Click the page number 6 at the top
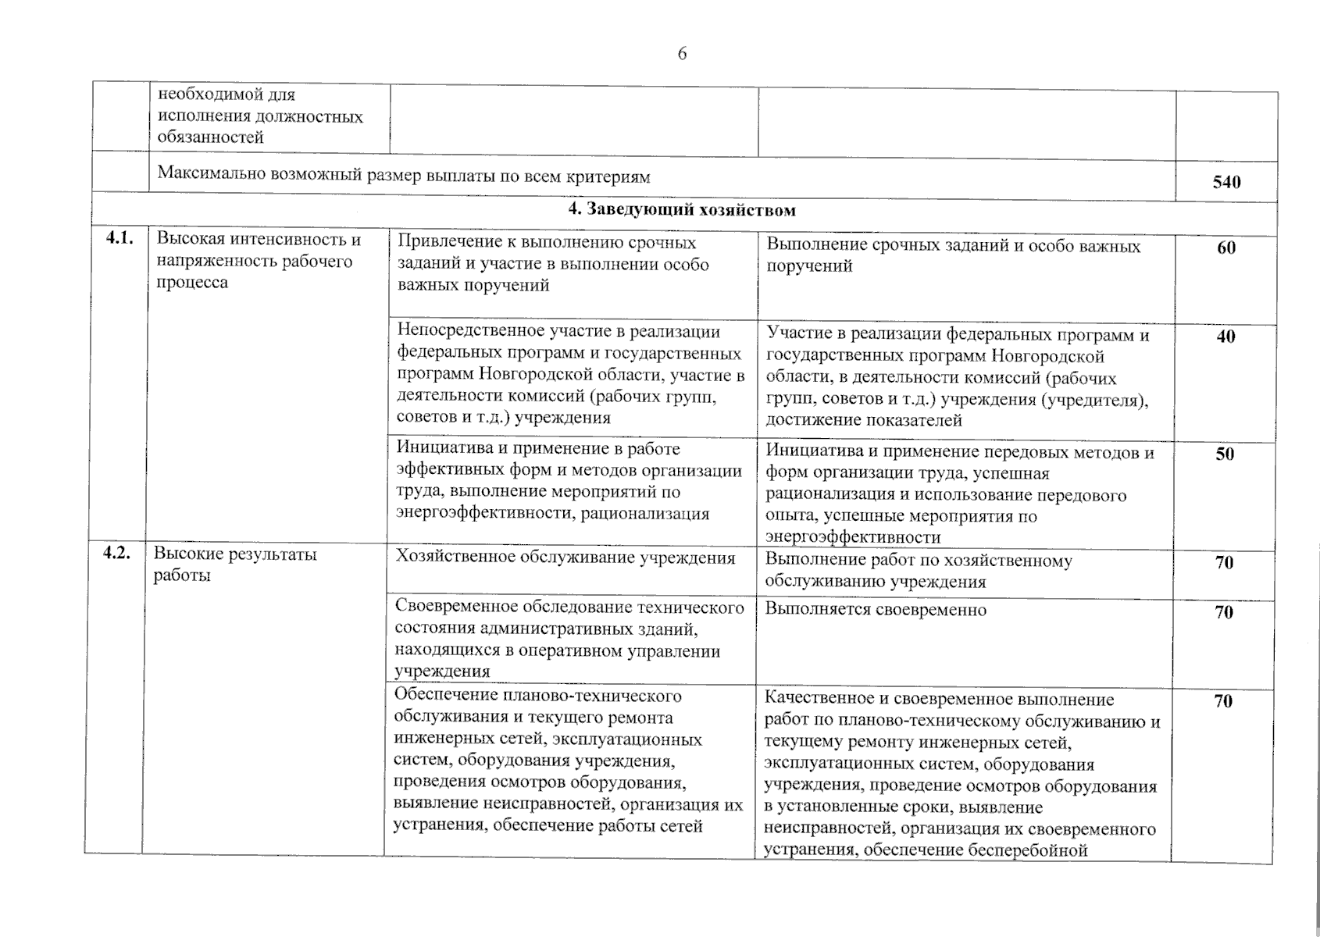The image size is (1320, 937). tap(682, 54)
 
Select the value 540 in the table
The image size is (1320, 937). tap(1226, 182)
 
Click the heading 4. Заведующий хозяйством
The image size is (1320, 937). tap(682, 210)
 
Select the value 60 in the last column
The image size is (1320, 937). tap(1226, 248)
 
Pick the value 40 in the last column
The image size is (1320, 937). tap(1226, 337)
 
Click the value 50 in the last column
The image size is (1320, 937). tap(1225, 454)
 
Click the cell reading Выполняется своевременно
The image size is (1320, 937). tap(876, 610)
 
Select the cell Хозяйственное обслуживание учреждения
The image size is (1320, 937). tap(565, 558)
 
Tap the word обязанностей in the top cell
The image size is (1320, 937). tap(211, 137)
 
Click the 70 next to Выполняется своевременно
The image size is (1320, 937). tap(1224, 612)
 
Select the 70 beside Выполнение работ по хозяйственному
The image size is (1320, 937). tap(1224, 562)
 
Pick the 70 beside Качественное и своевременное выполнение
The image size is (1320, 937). tap(1223, 701)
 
